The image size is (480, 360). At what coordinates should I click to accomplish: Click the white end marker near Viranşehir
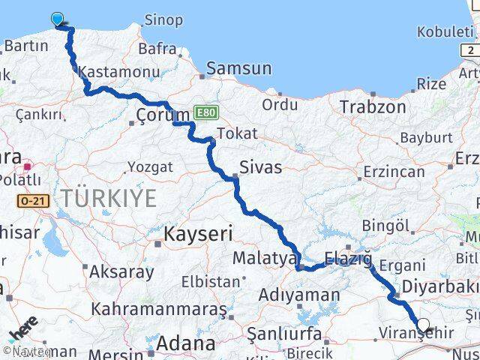pyautogui.click(x=424, y=325)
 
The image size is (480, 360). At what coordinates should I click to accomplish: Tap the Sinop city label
pyautogui.click(x=163, y=20)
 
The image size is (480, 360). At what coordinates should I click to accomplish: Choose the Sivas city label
pyautogui.click(x=260, y=166)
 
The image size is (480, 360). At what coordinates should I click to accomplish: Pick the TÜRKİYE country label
pyautogui.click(x=109, y=199)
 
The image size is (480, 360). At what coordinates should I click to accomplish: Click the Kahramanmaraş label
pyautogui.click(x=158, y=309)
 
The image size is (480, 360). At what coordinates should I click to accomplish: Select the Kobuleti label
pyautogui.click(x=445, y=32)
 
